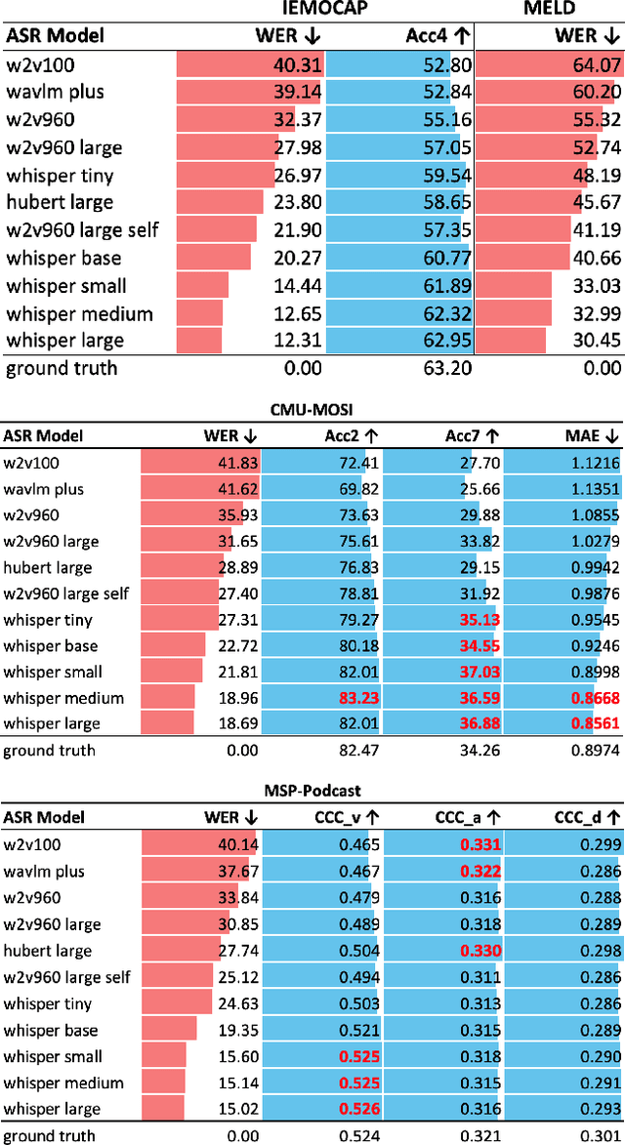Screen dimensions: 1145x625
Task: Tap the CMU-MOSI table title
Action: (312, 410)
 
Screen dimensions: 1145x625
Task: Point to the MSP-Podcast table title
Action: (312, 792)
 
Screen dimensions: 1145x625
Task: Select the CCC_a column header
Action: (469, 817)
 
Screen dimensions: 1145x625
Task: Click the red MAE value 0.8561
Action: (592, 724)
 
